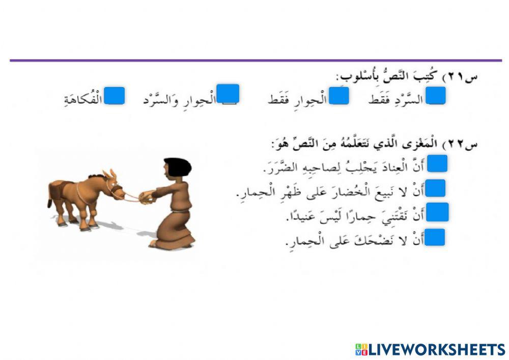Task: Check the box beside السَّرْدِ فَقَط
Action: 436,95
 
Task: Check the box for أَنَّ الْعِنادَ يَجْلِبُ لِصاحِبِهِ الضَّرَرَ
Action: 436,163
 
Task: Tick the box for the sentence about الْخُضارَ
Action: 436,188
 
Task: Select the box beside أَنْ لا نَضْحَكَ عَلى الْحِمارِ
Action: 436,237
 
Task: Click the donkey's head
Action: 111,183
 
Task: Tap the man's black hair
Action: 178,165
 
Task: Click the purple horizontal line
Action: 254,61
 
